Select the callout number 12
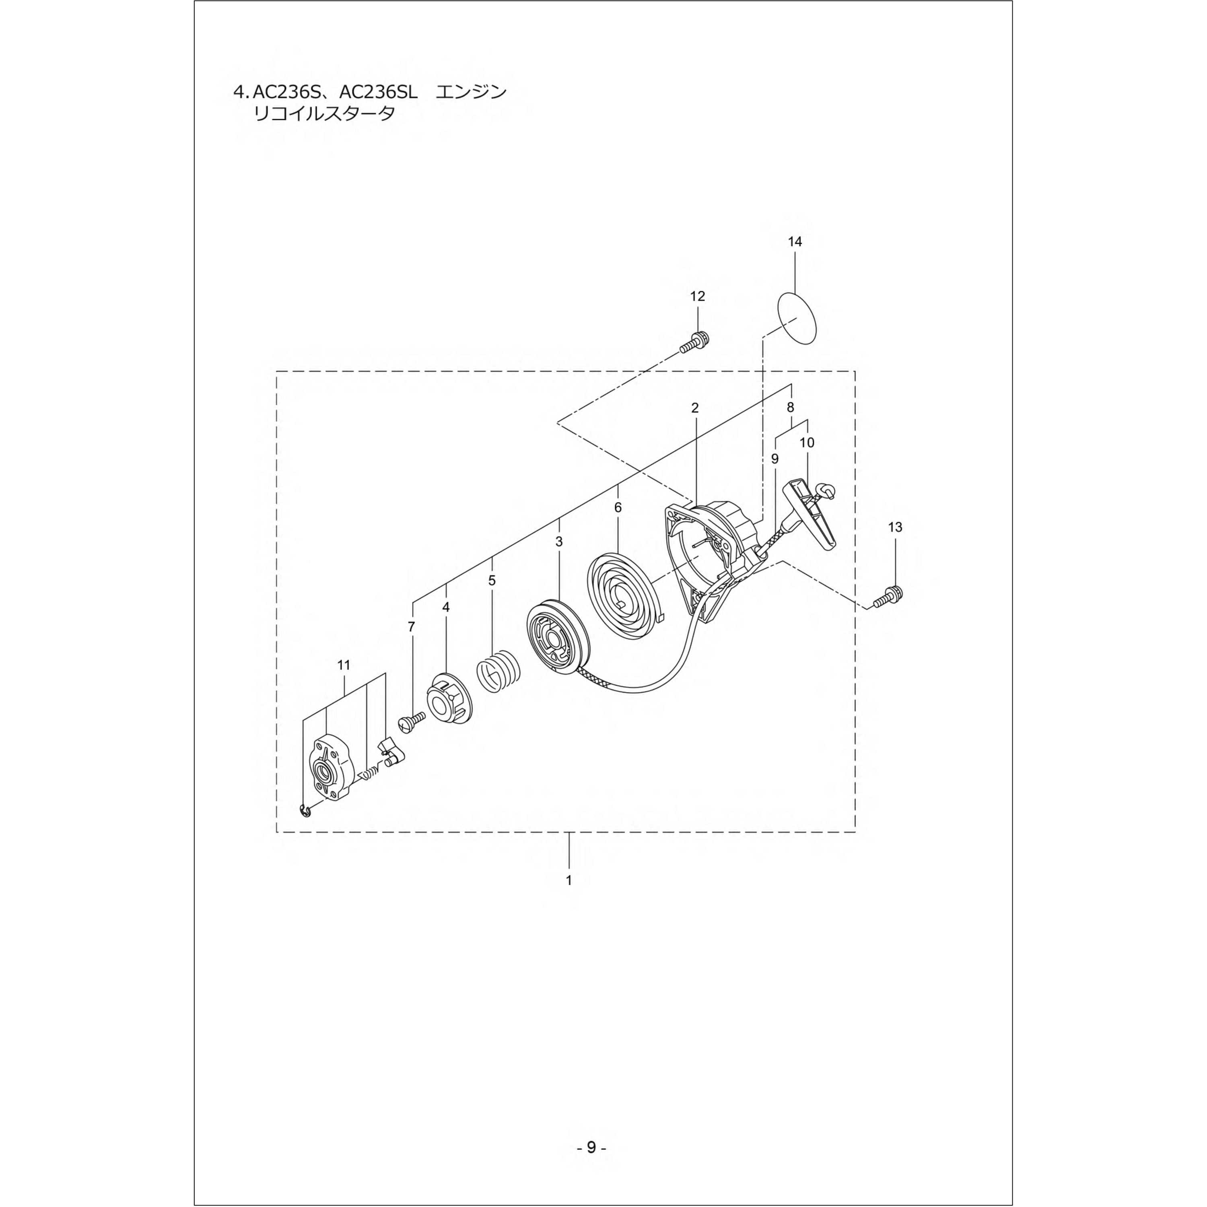[697, 296]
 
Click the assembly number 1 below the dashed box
[568, 880]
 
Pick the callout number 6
[618, 507]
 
